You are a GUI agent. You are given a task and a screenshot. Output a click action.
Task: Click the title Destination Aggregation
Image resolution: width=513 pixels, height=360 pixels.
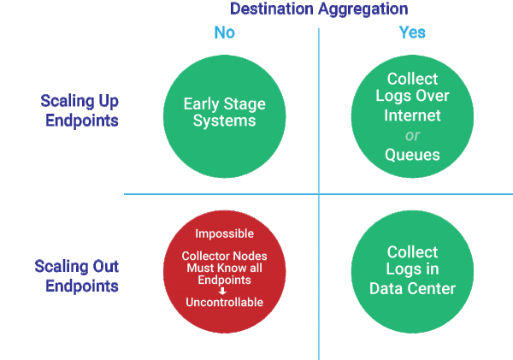click(319, 9)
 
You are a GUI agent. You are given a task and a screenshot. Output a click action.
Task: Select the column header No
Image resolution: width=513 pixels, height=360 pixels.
click(224, 32)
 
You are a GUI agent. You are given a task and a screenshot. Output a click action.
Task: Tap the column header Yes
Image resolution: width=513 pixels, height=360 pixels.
click(413, 32)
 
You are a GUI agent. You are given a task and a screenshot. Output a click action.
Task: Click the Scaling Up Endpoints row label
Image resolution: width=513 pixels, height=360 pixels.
click(80, 110)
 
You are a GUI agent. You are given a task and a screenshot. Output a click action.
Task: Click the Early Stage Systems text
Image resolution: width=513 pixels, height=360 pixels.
click(224, 113)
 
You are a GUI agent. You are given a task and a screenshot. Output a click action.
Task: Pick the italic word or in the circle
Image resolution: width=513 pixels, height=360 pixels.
click(413, 135)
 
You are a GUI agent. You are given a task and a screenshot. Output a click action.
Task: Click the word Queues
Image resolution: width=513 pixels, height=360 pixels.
click(413, 155)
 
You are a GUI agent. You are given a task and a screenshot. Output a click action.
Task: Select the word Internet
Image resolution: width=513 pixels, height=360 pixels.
click(413, 115)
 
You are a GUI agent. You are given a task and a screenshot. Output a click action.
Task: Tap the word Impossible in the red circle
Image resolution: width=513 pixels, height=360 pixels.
click(224, 233)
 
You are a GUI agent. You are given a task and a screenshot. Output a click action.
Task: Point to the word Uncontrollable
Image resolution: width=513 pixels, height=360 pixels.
click(224, 302)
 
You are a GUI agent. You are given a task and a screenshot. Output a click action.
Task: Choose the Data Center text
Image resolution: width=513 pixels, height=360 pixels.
click(413, 288)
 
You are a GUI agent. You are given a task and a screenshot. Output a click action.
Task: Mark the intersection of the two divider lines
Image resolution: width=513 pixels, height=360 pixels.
click(319, 194)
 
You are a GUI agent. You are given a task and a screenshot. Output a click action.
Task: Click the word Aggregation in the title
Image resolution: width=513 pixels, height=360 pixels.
click(364, 9)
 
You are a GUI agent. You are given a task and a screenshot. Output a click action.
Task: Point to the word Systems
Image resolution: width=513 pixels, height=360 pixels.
click(224, 122)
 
